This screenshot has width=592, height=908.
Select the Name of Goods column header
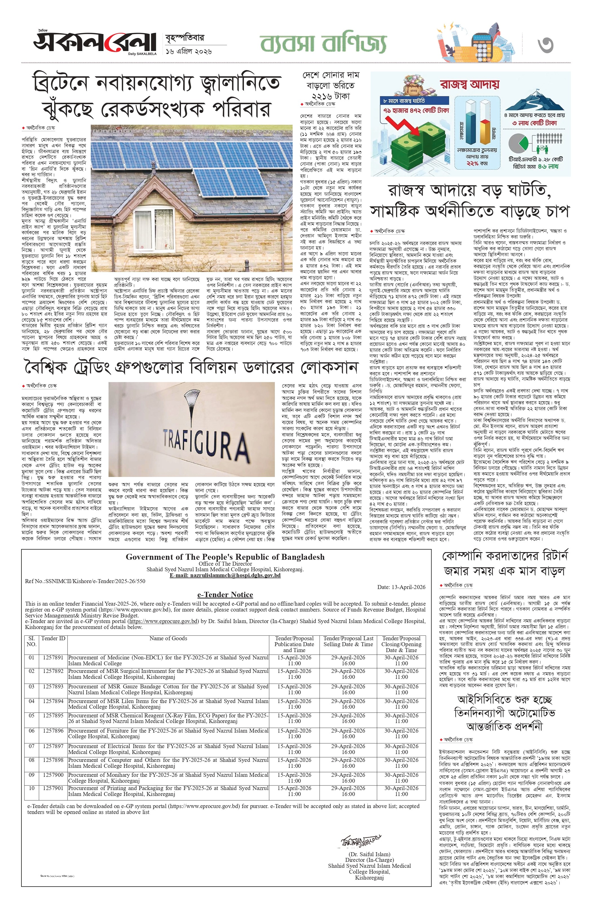click(168, 638)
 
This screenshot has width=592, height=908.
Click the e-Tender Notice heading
click(225, 594)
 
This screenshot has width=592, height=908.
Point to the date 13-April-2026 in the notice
click(401, 587)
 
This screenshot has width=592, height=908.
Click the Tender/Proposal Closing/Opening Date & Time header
click(401, 644)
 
